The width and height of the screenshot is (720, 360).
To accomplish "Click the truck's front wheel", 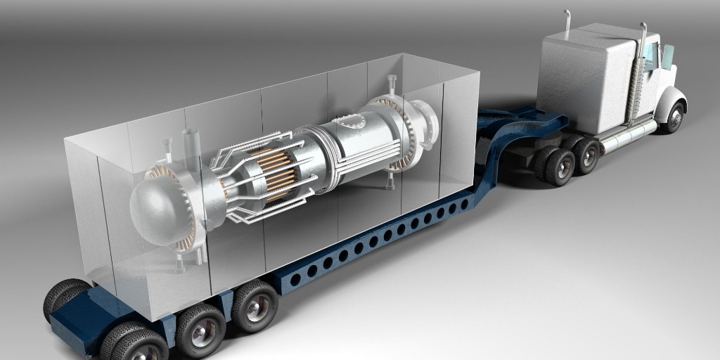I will pyautogui.click(x=674, y=117).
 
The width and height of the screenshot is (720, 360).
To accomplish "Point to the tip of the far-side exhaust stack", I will pyautogui.click(x=567, y=13).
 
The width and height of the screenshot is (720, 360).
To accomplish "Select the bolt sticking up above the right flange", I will pyautogui.click(x=391, y=82).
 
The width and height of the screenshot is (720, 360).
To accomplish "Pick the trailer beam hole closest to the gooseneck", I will pyautogui.click(x=465, y=205).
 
